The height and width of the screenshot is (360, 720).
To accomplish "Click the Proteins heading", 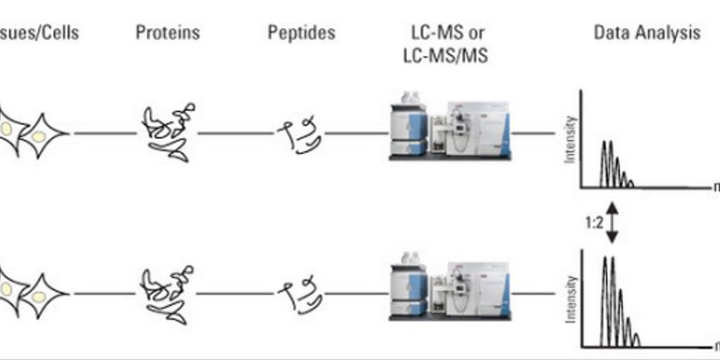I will pos(167,34).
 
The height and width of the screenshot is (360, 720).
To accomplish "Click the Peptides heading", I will pos(301,34).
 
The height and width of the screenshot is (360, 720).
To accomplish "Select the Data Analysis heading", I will pos(646,34).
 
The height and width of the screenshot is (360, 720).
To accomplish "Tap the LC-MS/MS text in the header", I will pos(447,53).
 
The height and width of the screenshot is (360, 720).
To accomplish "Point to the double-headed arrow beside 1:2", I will pos(612,222).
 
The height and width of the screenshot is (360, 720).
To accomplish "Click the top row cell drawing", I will pos(31,133).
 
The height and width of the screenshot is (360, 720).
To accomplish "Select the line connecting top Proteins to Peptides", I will pos(236,133).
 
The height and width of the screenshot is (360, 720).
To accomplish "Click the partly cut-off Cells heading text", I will pos(40,34).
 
